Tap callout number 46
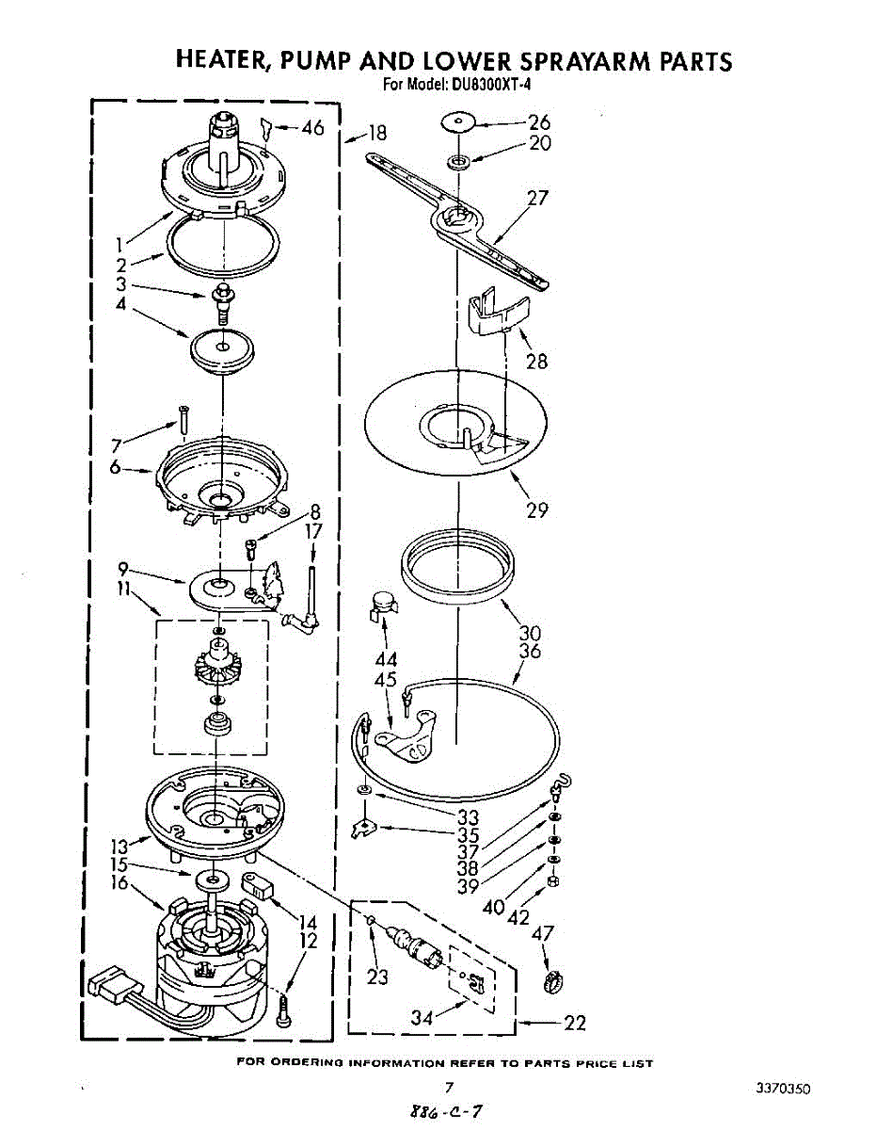(312, 128)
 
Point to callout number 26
(539, 121)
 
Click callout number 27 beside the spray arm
(537, 199)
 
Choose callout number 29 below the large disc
(537, 510)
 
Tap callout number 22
(574, 1024)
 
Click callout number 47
(543, 934)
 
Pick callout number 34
(423, 1017)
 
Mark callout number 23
(377, 977)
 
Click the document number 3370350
(782, 1089)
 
